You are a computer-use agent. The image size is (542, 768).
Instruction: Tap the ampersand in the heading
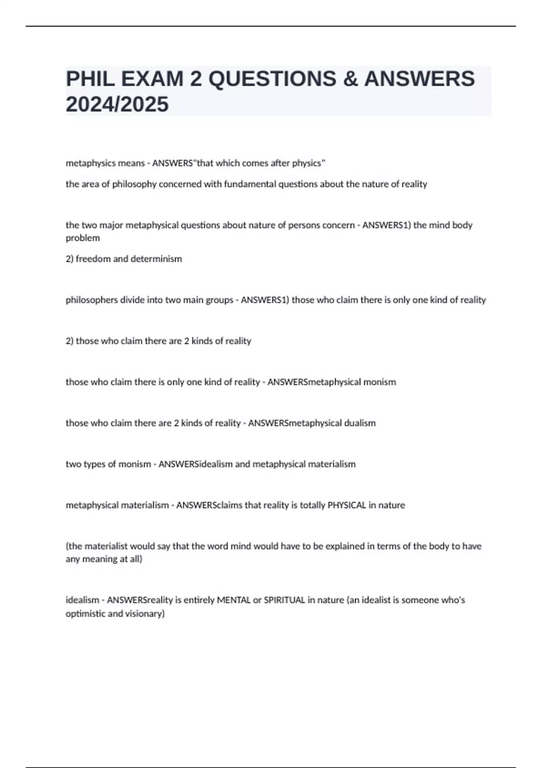[350, 79]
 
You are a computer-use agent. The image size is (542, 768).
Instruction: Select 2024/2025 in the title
[117, 104]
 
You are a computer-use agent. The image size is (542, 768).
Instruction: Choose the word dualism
[360, 423]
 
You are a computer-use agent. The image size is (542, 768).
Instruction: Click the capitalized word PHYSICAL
[346, 505]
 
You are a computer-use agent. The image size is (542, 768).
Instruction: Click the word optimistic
[86, 613]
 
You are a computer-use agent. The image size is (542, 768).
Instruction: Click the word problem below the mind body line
[83, 238]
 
